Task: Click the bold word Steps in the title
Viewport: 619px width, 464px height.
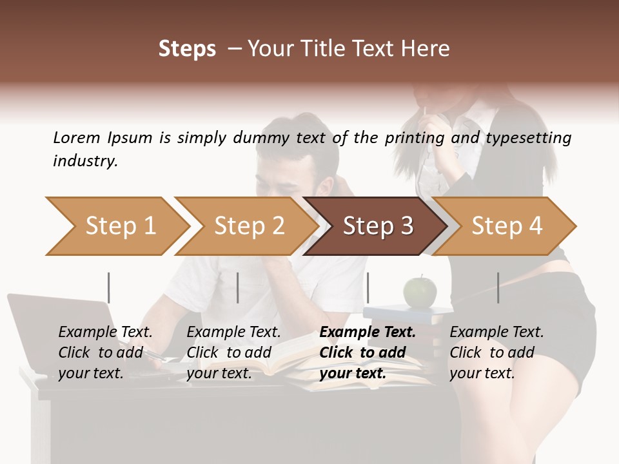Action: click(187, 49)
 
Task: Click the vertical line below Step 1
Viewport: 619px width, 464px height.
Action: click(109, 287)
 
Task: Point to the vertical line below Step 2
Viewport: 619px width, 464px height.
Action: click(238, 287)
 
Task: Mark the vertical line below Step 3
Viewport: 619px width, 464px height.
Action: click(368, 287)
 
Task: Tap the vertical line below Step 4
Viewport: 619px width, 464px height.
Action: click(498, 287)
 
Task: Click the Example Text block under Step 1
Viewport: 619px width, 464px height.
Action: click(105, 353)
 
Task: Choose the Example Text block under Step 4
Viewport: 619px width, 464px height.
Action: click(496, 353)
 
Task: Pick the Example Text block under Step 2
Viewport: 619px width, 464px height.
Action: click(233, 353)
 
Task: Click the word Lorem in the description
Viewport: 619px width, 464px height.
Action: click(77, 138)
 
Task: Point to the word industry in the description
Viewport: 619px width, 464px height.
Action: click(85, 161)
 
